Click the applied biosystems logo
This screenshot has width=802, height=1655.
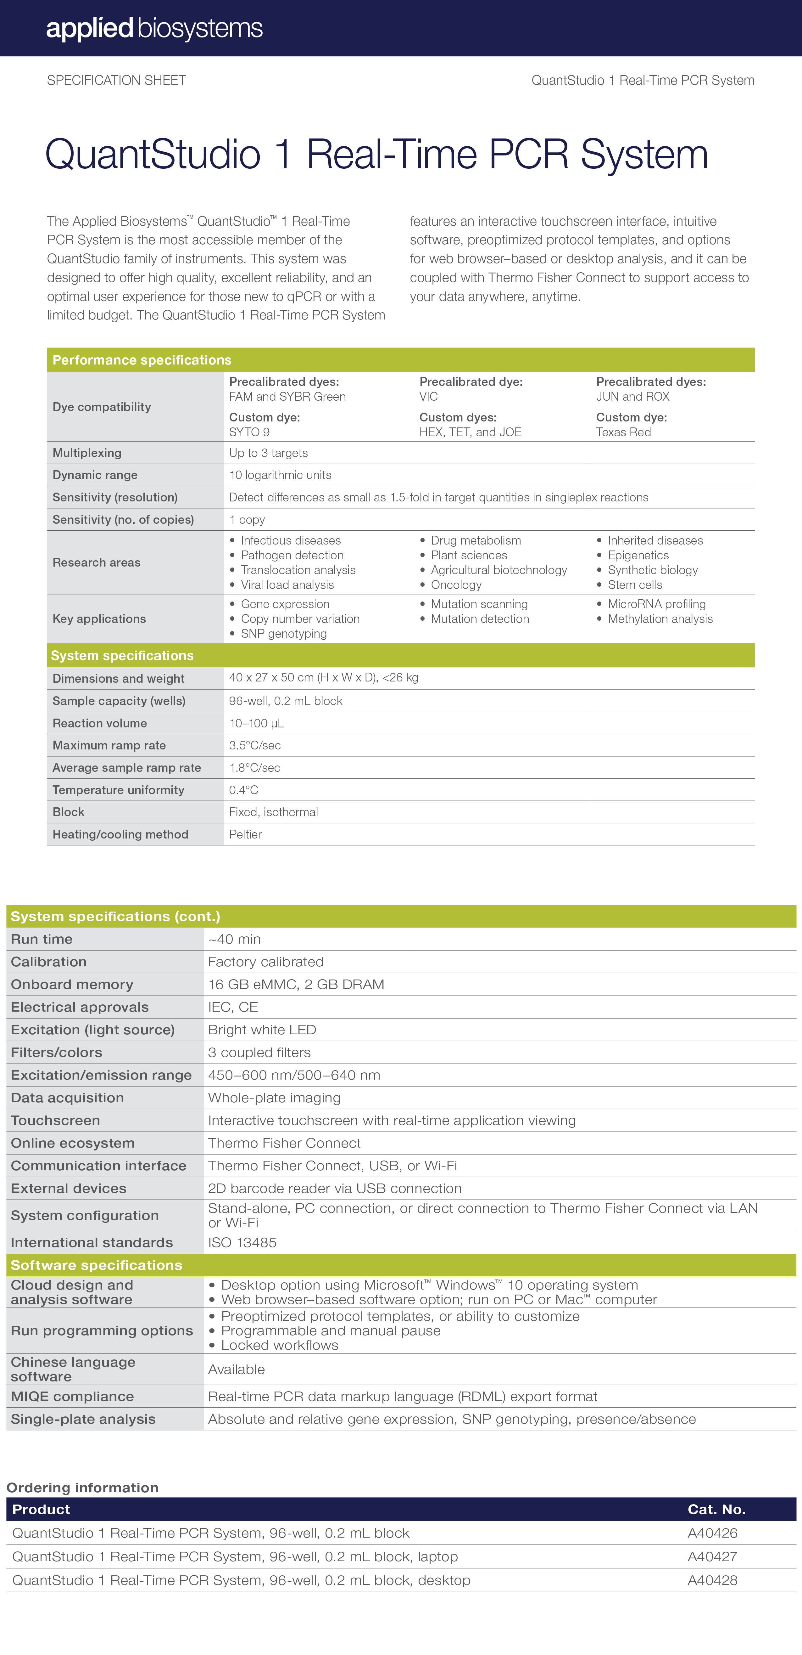point(154,28)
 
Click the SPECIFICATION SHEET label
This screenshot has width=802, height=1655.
point(116,80)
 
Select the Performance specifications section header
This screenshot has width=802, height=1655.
point(142,360)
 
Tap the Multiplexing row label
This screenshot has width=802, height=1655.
point(87,453)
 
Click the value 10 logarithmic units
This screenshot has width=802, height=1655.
point(280,475)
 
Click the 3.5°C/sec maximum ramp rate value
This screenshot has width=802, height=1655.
point(255,745)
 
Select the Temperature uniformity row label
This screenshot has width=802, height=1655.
point(118,790)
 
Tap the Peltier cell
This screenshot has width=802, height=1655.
point(245,834)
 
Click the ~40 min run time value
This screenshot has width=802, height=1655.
point(234,939)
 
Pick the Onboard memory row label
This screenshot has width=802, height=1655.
point(72,984)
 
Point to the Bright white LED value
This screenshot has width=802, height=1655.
point(262,1030)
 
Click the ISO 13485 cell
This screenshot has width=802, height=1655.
point(242,1243)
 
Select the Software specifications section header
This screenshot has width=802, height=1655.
point(96,1265)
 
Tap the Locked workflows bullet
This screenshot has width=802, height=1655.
point(279,1345)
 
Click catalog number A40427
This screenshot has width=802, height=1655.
point(712,1557)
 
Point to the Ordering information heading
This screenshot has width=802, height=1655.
point(82,1487)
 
